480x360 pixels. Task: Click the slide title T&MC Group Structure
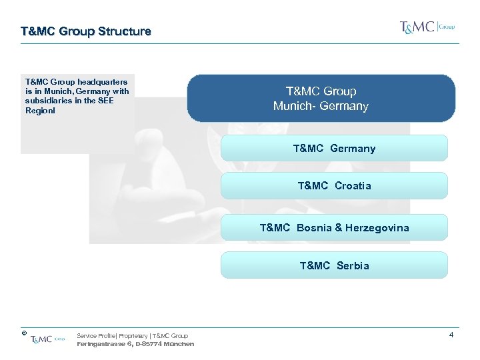86,31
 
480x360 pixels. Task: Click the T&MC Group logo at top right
427,27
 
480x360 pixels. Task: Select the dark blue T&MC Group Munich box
321,98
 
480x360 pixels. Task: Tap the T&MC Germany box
334,148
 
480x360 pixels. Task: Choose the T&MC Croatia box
334,185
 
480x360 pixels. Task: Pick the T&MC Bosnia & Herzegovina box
334,227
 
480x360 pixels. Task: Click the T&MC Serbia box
334,265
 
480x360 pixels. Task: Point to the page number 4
451,335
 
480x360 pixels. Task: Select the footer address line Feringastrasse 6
135,344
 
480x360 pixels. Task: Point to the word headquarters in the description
104,82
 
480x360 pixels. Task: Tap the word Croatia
353,185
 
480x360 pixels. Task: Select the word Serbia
353,265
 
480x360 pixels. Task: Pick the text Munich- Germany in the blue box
321,106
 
